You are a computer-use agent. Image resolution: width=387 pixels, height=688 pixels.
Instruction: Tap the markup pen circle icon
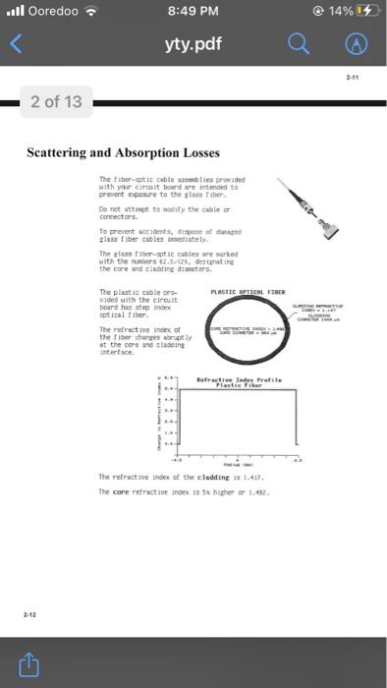359,43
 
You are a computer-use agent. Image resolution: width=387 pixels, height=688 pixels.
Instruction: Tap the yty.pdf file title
193,43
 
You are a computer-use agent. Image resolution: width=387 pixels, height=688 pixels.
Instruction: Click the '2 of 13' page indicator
57,101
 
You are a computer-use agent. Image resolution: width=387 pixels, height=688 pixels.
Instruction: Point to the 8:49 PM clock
193,13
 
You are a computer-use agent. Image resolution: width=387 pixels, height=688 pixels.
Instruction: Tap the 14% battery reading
339,13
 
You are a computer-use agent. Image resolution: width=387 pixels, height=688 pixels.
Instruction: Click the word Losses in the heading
196,153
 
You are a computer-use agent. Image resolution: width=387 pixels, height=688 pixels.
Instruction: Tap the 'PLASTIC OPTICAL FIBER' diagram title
248,292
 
